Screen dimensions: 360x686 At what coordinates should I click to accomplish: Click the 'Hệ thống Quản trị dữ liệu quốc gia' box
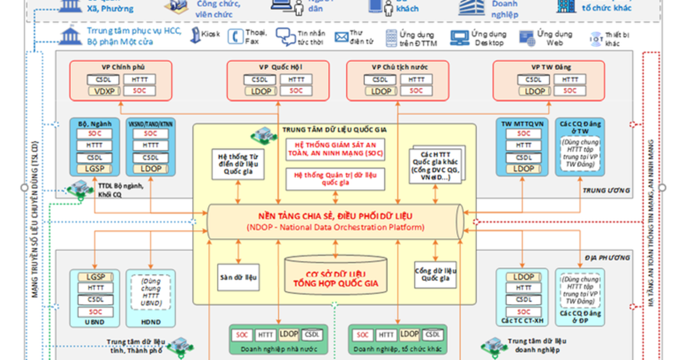[x=336, y=179]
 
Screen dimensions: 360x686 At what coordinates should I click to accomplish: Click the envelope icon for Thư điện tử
[x=342, y=37]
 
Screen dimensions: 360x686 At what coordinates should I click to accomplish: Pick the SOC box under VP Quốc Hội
[x=296, y=91]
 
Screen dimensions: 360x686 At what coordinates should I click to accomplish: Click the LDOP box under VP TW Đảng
[x=535, y=91]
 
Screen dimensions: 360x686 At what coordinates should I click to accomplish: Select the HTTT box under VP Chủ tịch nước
[x=416, y=80]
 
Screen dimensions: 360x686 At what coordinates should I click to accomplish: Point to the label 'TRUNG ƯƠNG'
[x=606, y=190]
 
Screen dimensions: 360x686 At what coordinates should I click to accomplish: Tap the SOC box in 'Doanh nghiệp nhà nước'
[x=242, y=335]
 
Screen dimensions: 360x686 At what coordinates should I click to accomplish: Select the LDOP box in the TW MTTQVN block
[x=524, y=169]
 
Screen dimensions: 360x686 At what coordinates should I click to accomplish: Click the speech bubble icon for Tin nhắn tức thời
[x=285, y=37]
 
